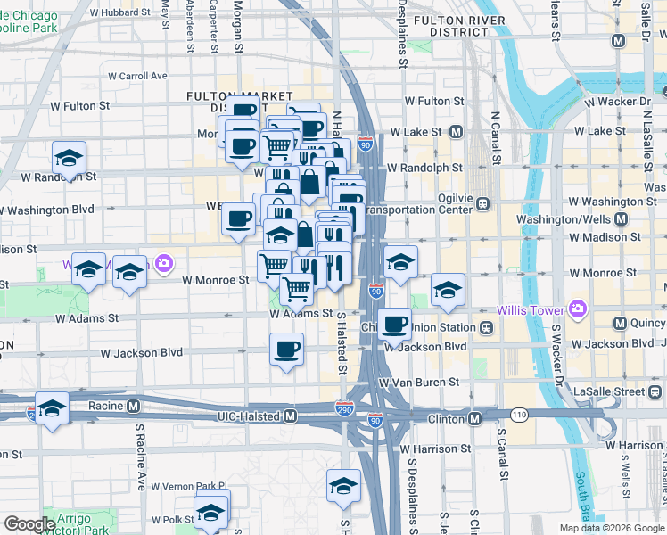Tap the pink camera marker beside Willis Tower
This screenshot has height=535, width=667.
577,310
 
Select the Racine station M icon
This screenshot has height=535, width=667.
133,406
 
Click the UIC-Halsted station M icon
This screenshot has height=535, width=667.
290,416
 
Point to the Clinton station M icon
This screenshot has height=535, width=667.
475,418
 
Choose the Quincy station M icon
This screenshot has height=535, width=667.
621,322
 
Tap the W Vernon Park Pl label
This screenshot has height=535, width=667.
189,487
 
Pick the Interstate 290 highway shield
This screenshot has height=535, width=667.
343,407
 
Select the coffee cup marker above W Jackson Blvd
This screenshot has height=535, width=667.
286,350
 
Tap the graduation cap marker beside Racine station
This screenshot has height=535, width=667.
52,409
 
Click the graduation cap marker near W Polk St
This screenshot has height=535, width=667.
212,512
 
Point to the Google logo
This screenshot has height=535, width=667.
29,524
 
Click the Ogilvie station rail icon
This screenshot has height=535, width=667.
482,203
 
